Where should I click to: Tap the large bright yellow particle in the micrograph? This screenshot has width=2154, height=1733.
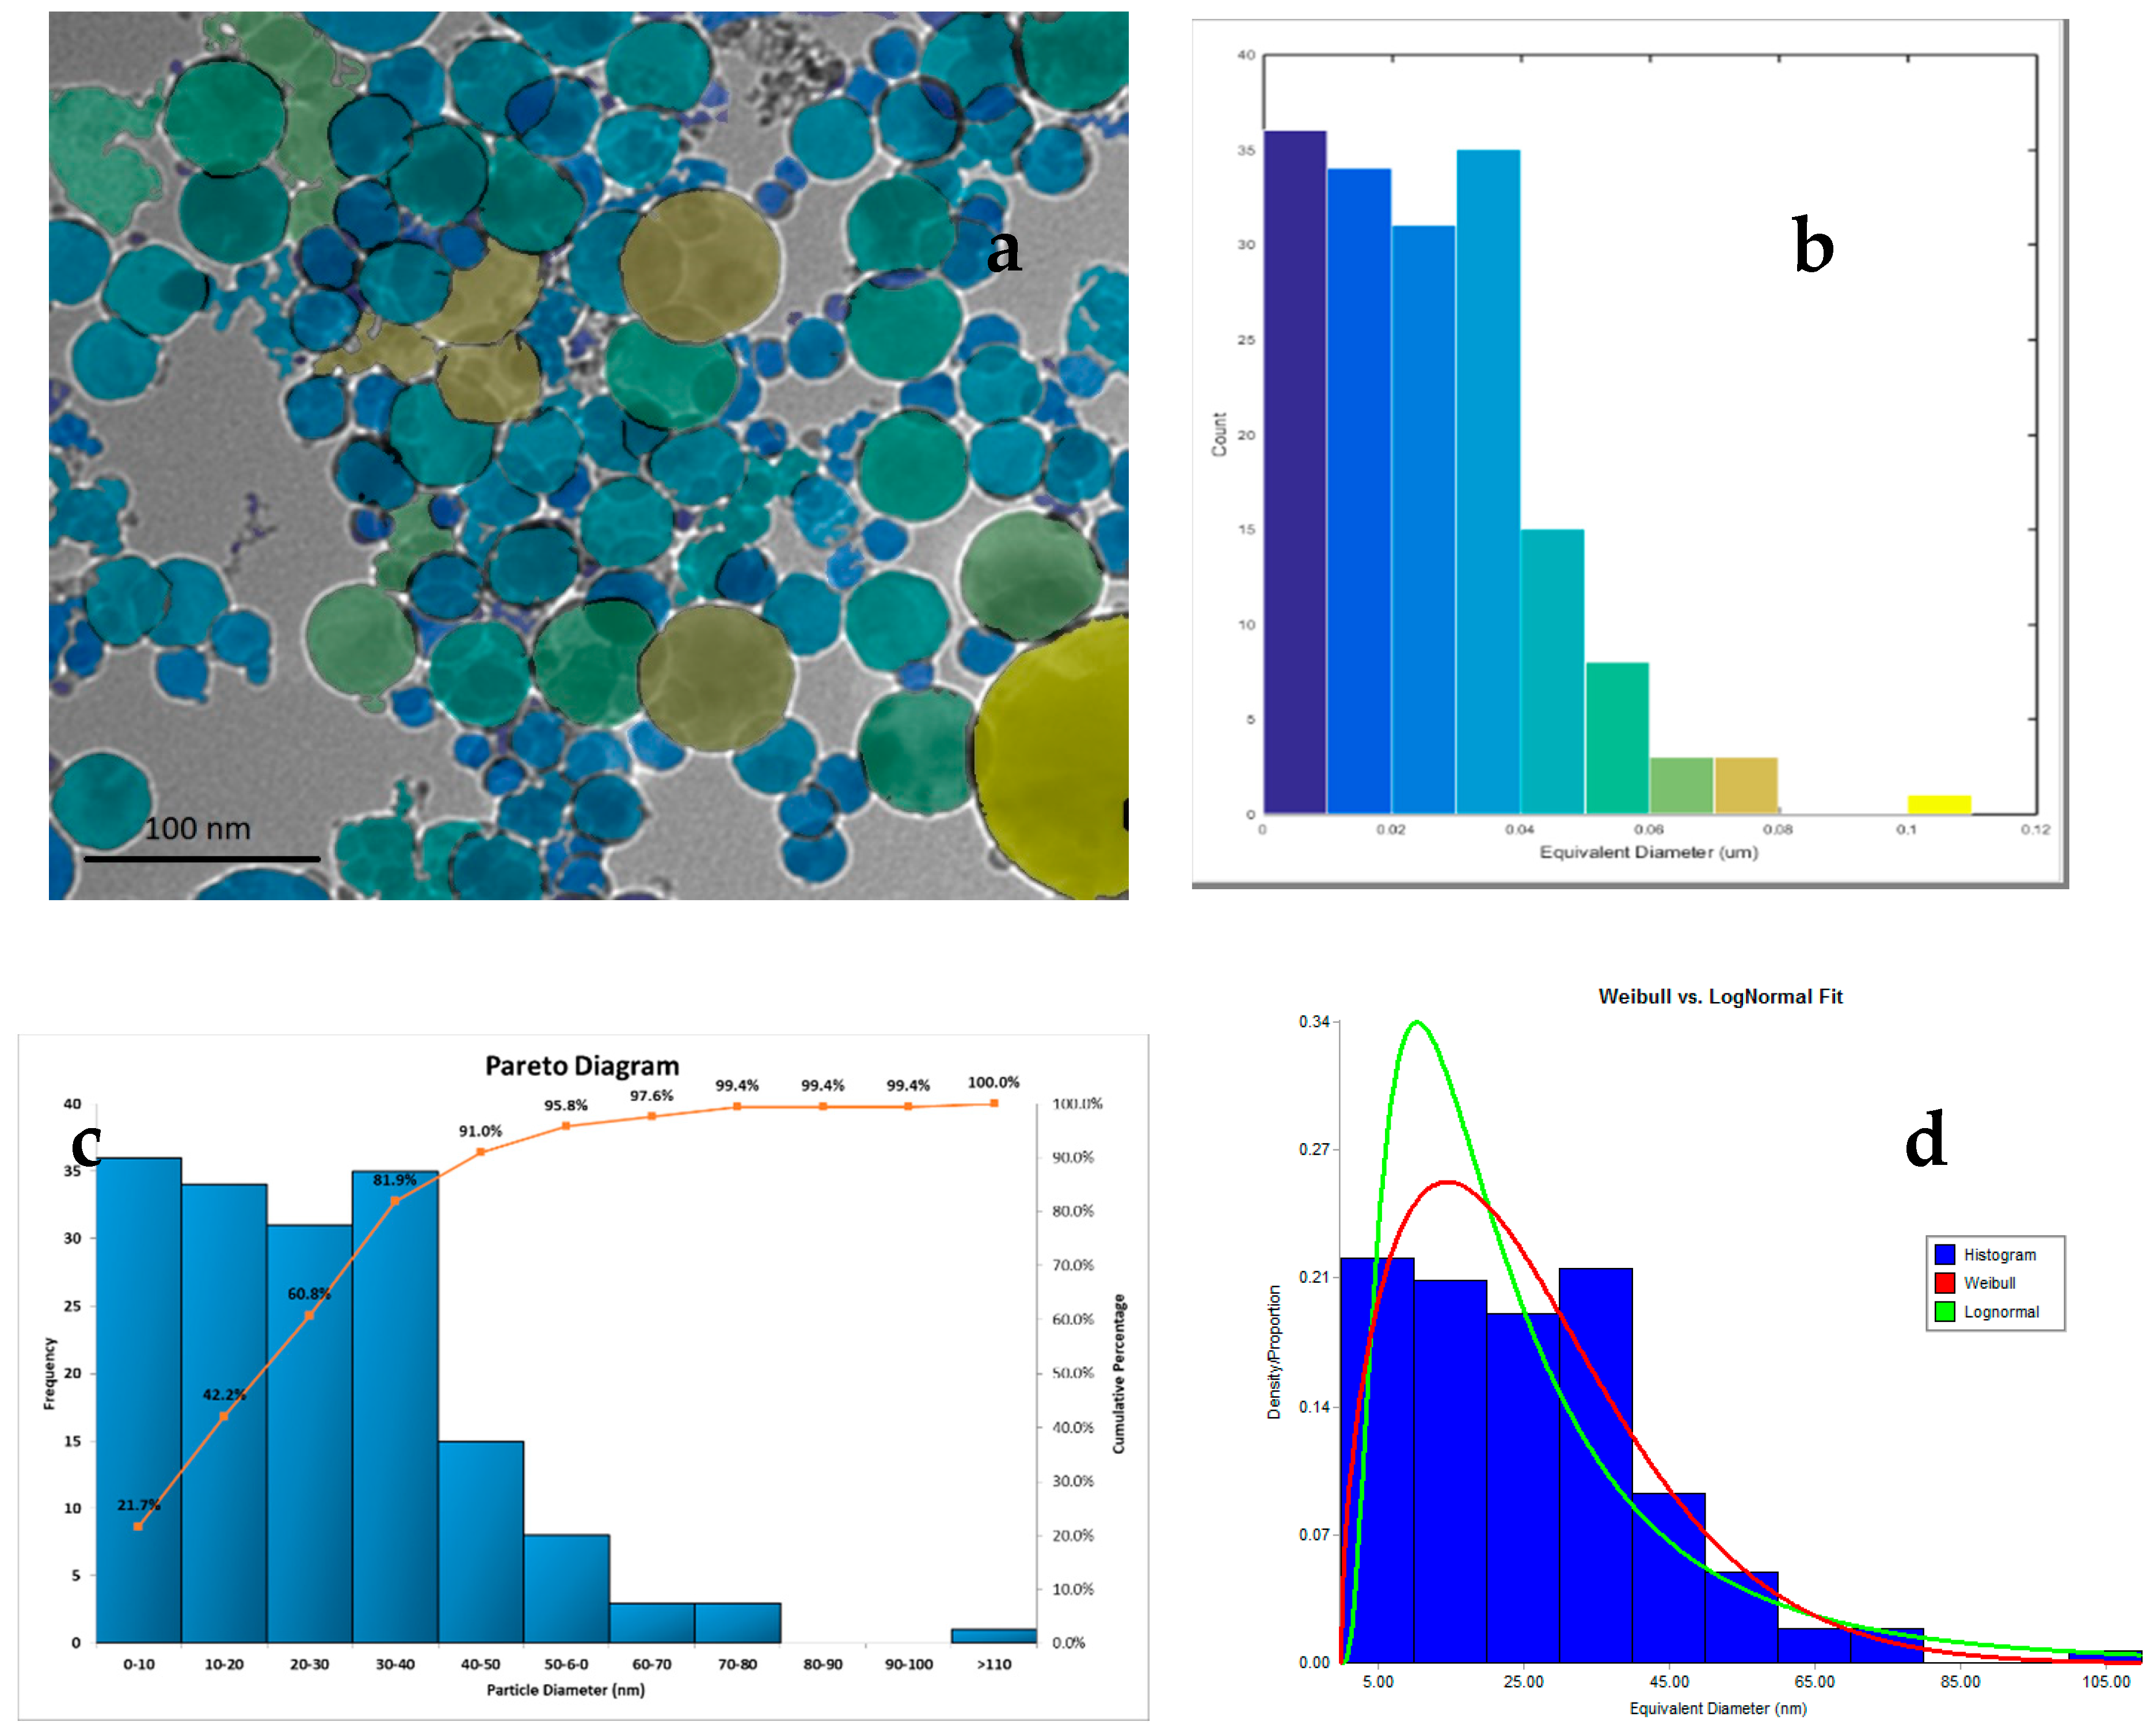pos(1054,759)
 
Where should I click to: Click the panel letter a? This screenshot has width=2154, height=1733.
pos(1003,250)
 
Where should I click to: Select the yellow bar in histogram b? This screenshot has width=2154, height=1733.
pos(1938,804)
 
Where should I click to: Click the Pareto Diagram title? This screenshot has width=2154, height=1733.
pos(581,1066)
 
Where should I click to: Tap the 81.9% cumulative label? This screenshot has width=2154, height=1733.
pos(395,1180)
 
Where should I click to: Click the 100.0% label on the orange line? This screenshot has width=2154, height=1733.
pos(993,1081)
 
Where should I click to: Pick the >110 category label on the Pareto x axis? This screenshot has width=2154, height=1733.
pos(993,1664)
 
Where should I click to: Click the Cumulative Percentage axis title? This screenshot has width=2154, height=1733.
pos(1119,1373)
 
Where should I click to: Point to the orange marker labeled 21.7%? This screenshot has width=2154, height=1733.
pos(138,1526)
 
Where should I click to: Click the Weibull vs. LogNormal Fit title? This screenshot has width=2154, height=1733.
pos(1719,996)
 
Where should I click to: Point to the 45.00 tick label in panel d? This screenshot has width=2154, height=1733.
pos(1668,1682)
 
